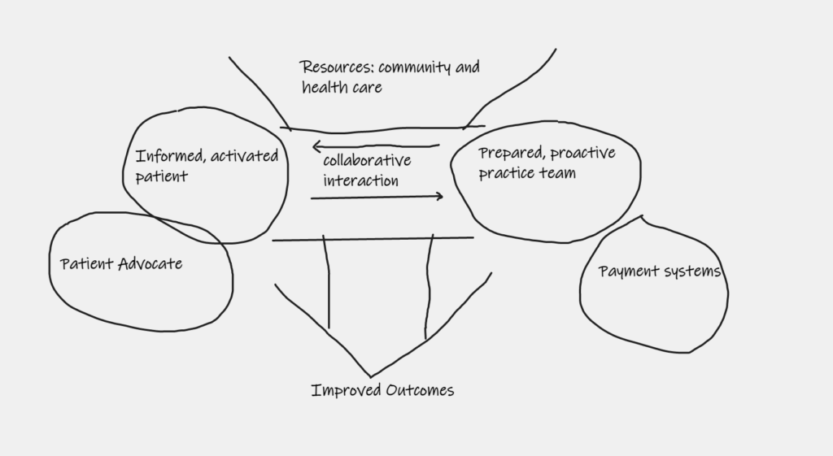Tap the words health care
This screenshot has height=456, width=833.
(x=342, y=87)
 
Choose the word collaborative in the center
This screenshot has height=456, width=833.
(x=367, y=161)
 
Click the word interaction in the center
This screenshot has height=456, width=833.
(x=360, y=180)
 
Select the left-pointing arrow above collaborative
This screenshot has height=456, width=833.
(x=374, y=146)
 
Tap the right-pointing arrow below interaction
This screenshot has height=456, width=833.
(x=377, y=196)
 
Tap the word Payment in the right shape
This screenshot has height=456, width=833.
(x=626, y=271)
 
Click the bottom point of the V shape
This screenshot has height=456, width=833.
(x=372, y=376)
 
